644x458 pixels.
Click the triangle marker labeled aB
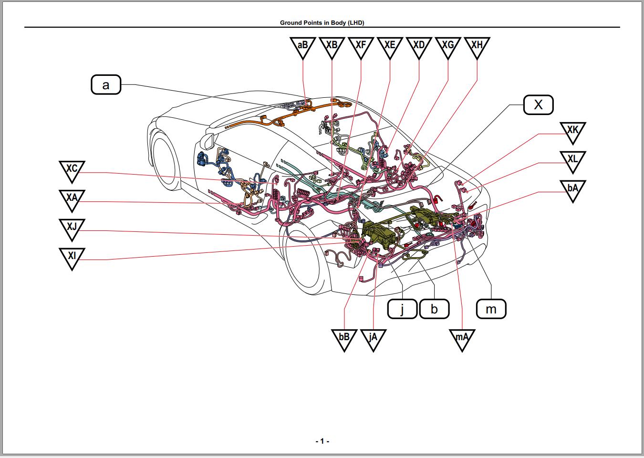[x=303, y=46]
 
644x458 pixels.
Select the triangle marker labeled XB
[x=332, y=46]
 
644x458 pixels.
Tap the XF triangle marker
[x=361, y=46]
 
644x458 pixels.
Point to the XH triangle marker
[x=477, y=46]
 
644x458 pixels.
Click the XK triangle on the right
[x=572, y=131]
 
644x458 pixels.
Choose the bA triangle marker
[x=572, y=189]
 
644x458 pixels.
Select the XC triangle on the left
[x=72, y=170]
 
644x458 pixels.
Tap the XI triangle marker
[x=72, y=257]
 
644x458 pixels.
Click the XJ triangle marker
[x=72, y=228]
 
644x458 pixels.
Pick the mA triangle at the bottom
[x=462, y=339]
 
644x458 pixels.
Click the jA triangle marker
[x=373, y=339]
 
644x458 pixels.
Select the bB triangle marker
[x=344, y=339]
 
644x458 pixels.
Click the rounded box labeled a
[x=106, y=85]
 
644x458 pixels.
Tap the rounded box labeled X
[x=538, y=104]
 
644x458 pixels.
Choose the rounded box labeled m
[x=491, y=309]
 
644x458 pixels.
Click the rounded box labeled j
[x=402, y=309]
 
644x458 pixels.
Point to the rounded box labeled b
[x=434, y=309]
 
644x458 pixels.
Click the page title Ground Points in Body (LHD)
[x=322, y=22]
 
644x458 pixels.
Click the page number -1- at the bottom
[x=322, y=441]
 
